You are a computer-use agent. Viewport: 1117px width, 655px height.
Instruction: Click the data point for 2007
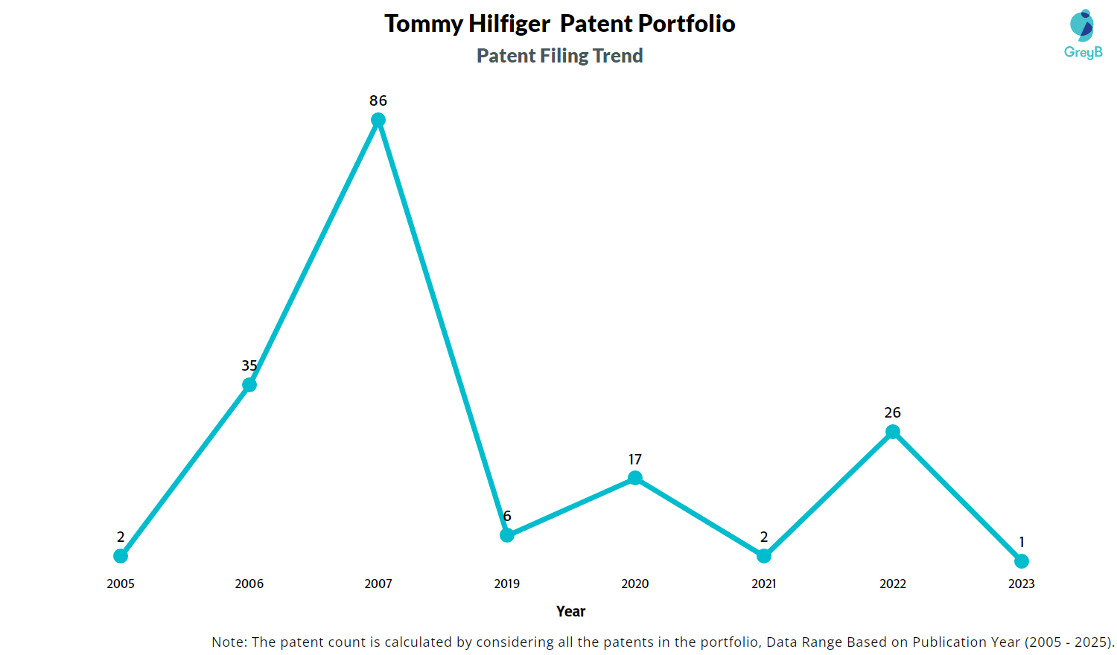click(378, 120)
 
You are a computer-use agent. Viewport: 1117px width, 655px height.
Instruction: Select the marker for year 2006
click(249, 385)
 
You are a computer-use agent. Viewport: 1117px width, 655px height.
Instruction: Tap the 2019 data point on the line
click(507, 535)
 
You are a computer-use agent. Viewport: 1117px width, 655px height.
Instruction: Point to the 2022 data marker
click(893, 432)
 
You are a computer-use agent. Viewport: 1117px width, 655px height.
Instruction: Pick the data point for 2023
click(1022, 561)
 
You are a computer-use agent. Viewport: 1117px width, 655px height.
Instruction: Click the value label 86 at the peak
click(378, 100)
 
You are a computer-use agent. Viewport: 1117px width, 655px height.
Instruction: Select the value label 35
click(249, 365)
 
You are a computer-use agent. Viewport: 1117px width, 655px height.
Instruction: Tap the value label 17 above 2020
click(635, 459)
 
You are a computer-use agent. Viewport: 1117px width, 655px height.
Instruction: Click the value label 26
click(893, 412)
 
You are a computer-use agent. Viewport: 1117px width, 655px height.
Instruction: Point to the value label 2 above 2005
click(121, 537)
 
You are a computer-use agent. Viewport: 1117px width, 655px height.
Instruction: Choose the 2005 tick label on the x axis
click(121, 584)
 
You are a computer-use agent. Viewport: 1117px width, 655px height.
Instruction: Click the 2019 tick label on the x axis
click(507, 584)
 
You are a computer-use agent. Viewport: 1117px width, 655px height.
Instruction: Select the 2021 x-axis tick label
click(764, 584)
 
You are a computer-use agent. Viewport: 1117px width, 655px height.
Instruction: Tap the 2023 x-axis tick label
click(1022, 584)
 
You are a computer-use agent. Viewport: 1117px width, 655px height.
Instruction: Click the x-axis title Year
click(571, 611)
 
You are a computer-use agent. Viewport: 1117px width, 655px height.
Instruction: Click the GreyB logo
click(1083, 34)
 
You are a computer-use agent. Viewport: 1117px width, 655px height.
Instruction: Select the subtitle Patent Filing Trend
click(560, 56)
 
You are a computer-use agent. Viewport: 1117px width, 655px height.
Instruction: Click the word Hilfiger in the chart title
click(509, 24)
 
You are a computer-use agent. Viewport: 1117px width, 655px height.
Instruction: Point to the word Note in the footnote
click(229, 642)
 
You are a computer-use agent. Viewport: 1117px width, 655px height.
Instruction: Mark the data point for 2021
click(764, 556)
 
